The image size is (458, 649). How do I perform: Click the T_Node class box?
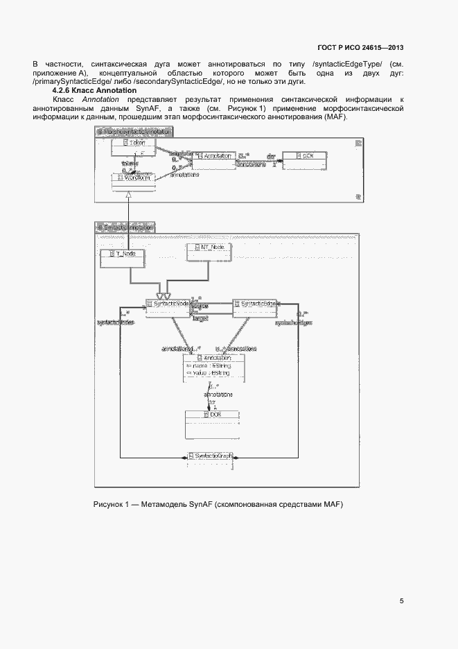[x=122, y=257]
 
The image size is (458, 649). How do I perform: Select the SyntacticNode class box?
[x=168, y=304]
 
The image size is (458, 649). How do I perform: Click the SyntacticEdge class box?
[x=256, y=304]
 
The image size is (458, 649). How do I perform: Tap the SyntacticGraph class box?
[x=210, y=456]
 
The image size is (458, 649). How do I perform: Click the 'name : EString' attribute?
[x=209, y=365]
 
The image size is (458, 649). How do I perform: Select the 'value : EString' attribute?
[x=209, y=374]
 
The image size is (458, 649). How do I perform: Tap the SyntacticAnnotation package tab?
[x=125, y=227]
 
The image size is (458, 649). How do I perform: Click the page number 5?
[x=402, y=601]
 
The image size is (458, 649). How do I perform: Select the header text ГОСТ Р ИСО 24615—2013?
[x=360, y=48]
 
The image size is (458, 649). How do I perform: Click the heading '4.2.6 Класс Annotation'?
[x=95, y=92]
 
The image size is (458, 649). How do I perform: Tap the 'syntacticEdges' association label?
[x=292, y=322]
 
